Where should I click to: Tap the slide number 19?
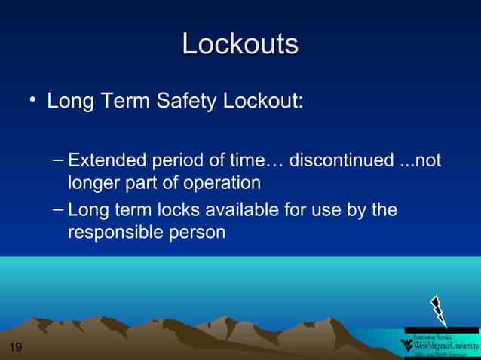[14, 347]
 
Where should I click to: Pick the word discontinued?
[342, 161]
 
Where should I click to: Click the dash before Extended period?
[59, 160]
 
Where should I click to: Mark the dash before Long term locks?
[59, 209]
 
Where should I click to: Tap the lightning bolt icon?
[438, 310]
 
